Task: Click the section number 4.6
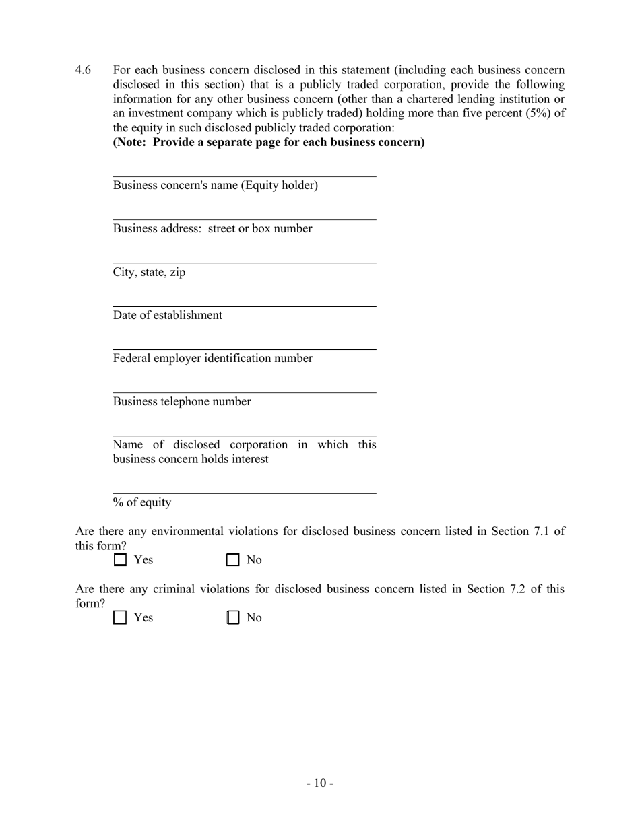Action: pyautogui.click(x=83, y=70)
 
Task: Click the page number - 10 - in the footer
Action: pyautogui.click(x=320, y=783)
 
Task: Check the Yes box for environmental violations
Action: pyautogui.click(x=120, y=560)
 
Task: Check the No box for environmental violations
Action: pyautogui.click(x=233, y=560)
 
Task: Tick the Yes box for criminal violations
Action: pyautogui.click(x=120, y=618)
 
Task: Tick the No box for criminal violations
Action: pyautogui.click(x=233, y=618)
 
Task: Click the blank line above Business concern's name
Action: pyautogui.click(x=244, y=172)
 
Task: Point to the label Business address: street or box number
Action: pyautogui.click(x=212, y=229)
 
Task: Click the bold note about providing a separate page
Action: pyautogui.click(x=269, y=142)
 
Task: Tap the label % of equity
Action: pyautogui.click(x=142, y=503)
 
